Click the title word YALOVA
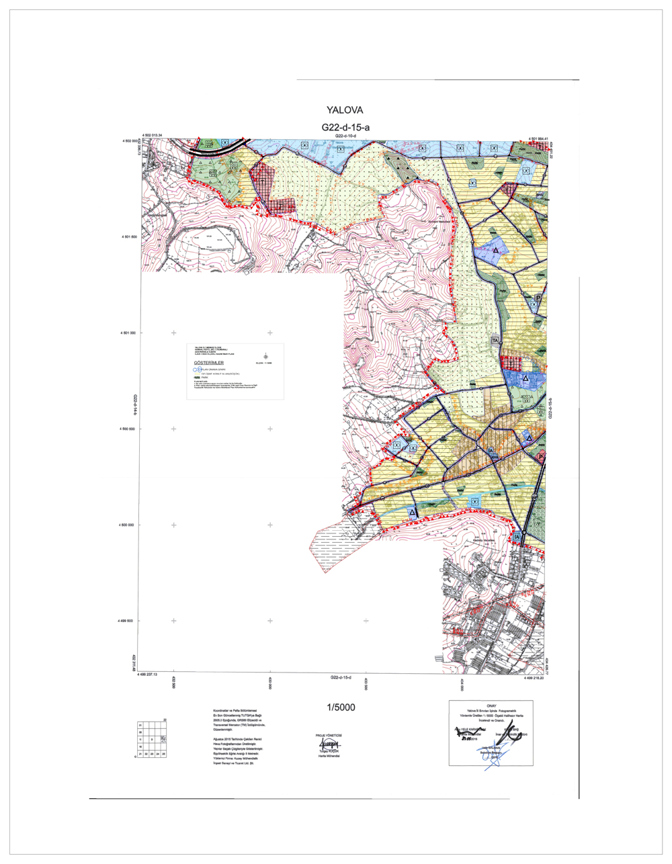coord(344,110)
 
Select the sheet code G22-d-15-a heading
coord(345,127)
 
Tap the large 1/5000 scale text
coord(341,707)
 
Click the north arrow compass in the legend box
coord(265,357)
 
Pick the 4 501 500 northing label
coord(129,237)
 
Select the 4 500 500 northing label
coord(129,429)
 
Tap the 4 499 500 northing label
coord(129,621)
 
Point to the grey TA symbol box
coord(496,341)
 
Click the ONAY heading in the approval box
coord(491,705)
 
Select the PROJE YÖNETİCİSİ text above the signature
coord(329,736)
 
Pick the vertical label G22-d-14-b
coord(135,407)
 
